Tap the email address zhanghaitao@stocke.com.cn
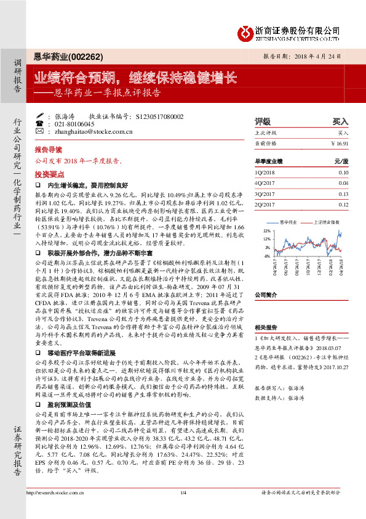(x=90, y=131)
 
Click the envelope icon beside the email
(x=49, y=131)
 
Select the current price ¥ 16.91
(x=340, y=143)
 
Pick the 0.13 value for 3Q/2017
(x=343, y=194)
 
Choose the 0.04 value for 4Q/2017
(x=343, y=183)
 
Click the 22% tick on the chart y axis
(x=267, y=229)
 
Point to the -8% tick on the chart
(x=267, y=255)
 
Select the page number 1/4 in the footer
(x=183, y=509)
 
